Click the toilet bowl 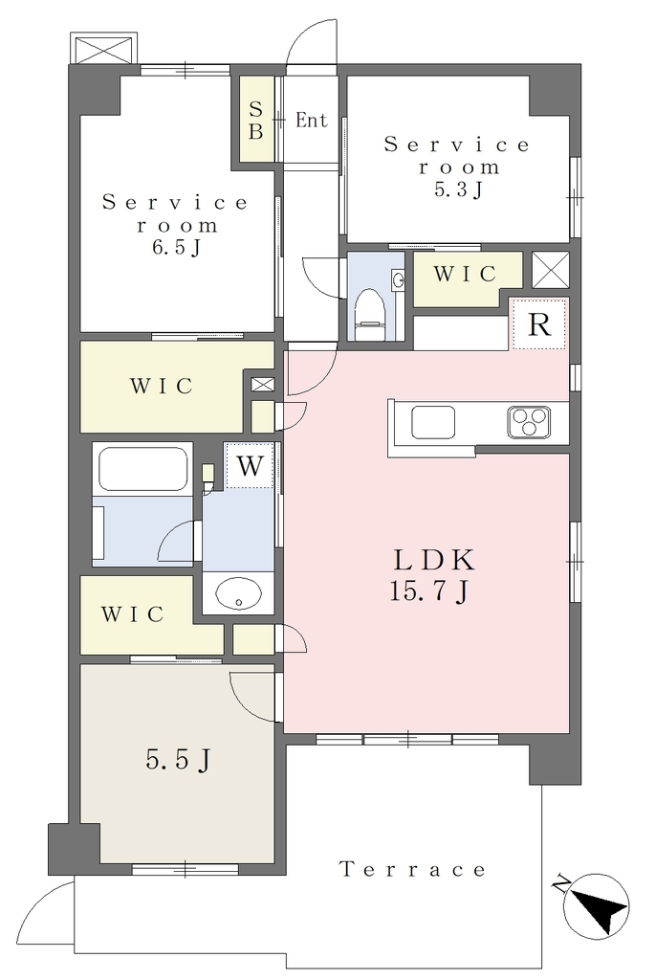pyautogui.click(x=371, y=307)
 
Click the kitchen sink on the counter pyautogui.click(x=433, y=422)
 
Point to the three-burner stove pyautogui.click(x=529, y=422)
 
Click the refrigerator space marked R pyautogui.click(x=539, y=324)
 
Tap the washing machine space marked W pyautogui.click(x=250, y=465)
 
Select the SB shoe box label pyautogui.click(x=256, y=120)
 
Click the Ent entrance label pyautogui.click(x=312, y=120)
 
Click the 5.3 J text pyautogui.click(x=458, y=189)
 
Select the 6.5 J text pyautogui.click(x=177, y=248)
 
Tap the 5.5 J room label pyautogui.click(x=177, y=759)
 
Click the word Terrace pyautogui.click(x=412, y=869)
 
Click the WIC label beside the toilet pyautogui.click(x=465, y=274)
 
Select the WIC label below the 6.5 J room pyautogui.click(x=162, y=387)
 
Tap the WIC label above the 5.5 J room pyautogui.click(x=132, y=614)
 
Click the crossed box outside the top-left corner pyautogui.click(x=103, y=48)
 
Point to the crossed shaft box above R pyautogui.click(x=551, y=269)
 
